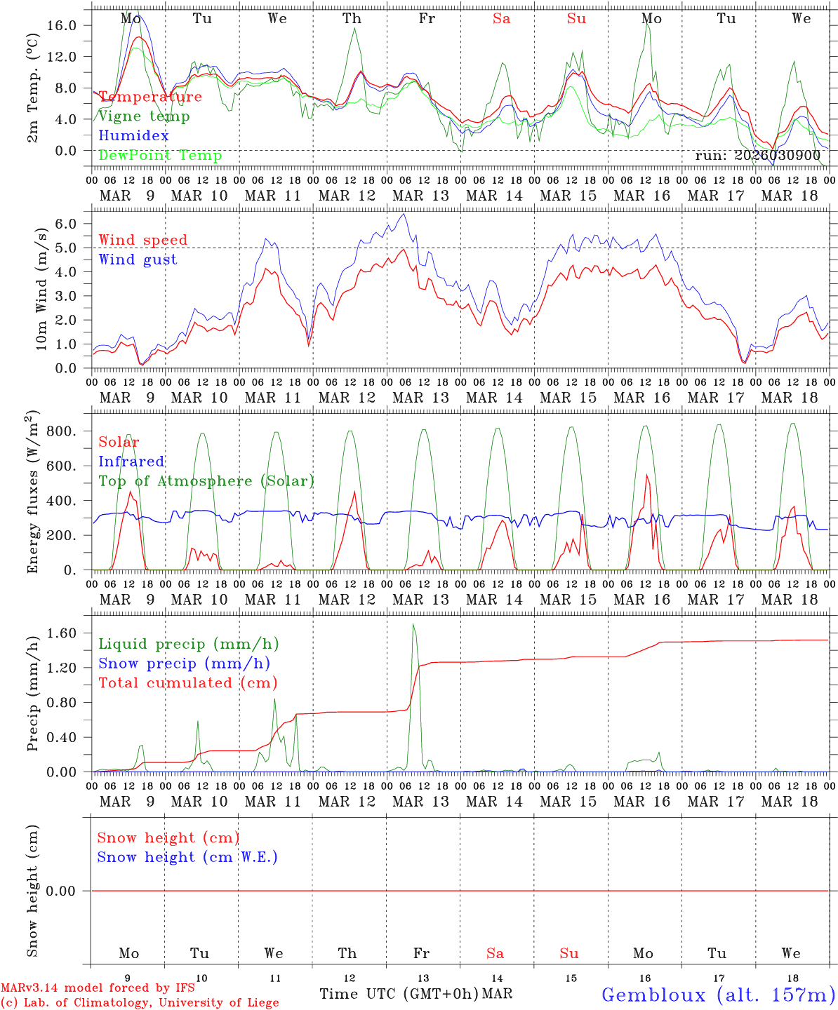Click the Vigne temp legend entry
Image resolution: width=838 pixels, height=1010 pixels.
[144, 116]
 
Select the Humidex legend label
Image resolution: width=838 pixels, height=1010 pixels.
[133, 136]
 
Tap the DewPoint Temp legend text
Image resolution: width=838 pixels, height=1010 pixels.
[160, 156]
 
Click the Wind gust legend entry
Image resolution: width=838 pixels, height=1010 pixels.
[138, 260]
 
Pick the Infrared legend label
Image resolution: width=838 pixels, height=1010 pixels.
[131, 462]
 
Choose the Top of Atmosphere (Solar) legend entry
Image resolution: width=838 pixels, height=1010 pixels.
[206, 481]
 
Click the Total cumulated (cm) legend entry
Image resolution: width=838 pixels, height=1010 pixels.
[187, 683]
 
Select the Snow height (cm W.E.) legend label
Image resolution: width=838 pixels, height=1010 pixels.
[187, 857]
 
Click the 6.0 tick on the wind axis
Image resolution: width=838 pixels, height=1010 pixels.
[68, 224]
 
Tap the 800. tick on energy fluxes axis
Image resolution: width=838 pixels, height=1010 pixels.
[60, 431]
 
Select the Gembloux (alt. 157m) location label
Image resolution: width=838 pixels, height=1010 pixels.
[718, 995]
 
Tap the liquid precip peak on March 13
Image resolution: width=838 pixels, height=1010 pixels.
[413, 624]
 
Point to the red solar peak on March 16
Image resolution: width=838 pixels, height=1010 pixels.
[646, 476]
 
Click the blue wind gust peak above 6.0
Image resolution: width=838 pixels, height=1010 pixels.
[402, 215]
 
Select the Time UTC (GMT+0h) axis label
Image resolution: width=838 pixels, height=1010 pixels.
[399, 994]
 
